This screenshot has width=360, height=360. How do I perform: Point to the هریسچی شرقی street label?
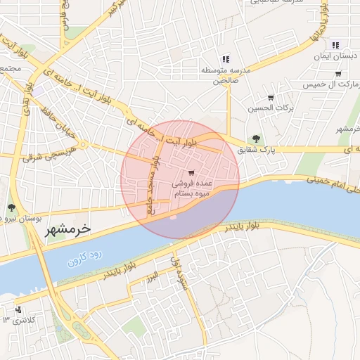pyautogui.click(x=41, y=155)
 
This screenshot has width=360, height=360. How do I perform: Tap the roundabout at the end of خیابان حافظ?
pyautogui.click(x=83, y=145)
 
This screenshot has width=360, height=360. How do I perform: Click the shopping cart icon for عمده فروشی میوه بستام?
pyautogui.click(x=192, y=172)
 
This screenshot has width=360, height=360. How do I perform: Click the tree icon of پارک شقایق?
pyautogui.click(x=255, y=139)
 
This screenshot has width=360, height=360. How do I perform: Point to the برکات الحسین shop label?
pyautogui.click(x=266, y=108)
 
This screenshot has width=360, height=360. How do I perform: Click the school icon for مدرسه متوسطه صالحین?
pyautogui.click(x=225, y=59)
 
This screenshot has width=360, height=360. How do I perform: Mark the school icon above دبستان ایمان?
pyautogui.click(x=335, y=44)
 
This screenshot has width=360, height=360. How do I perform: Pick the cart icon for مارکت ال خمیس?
pyautogui.click(x=338, y=73)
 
